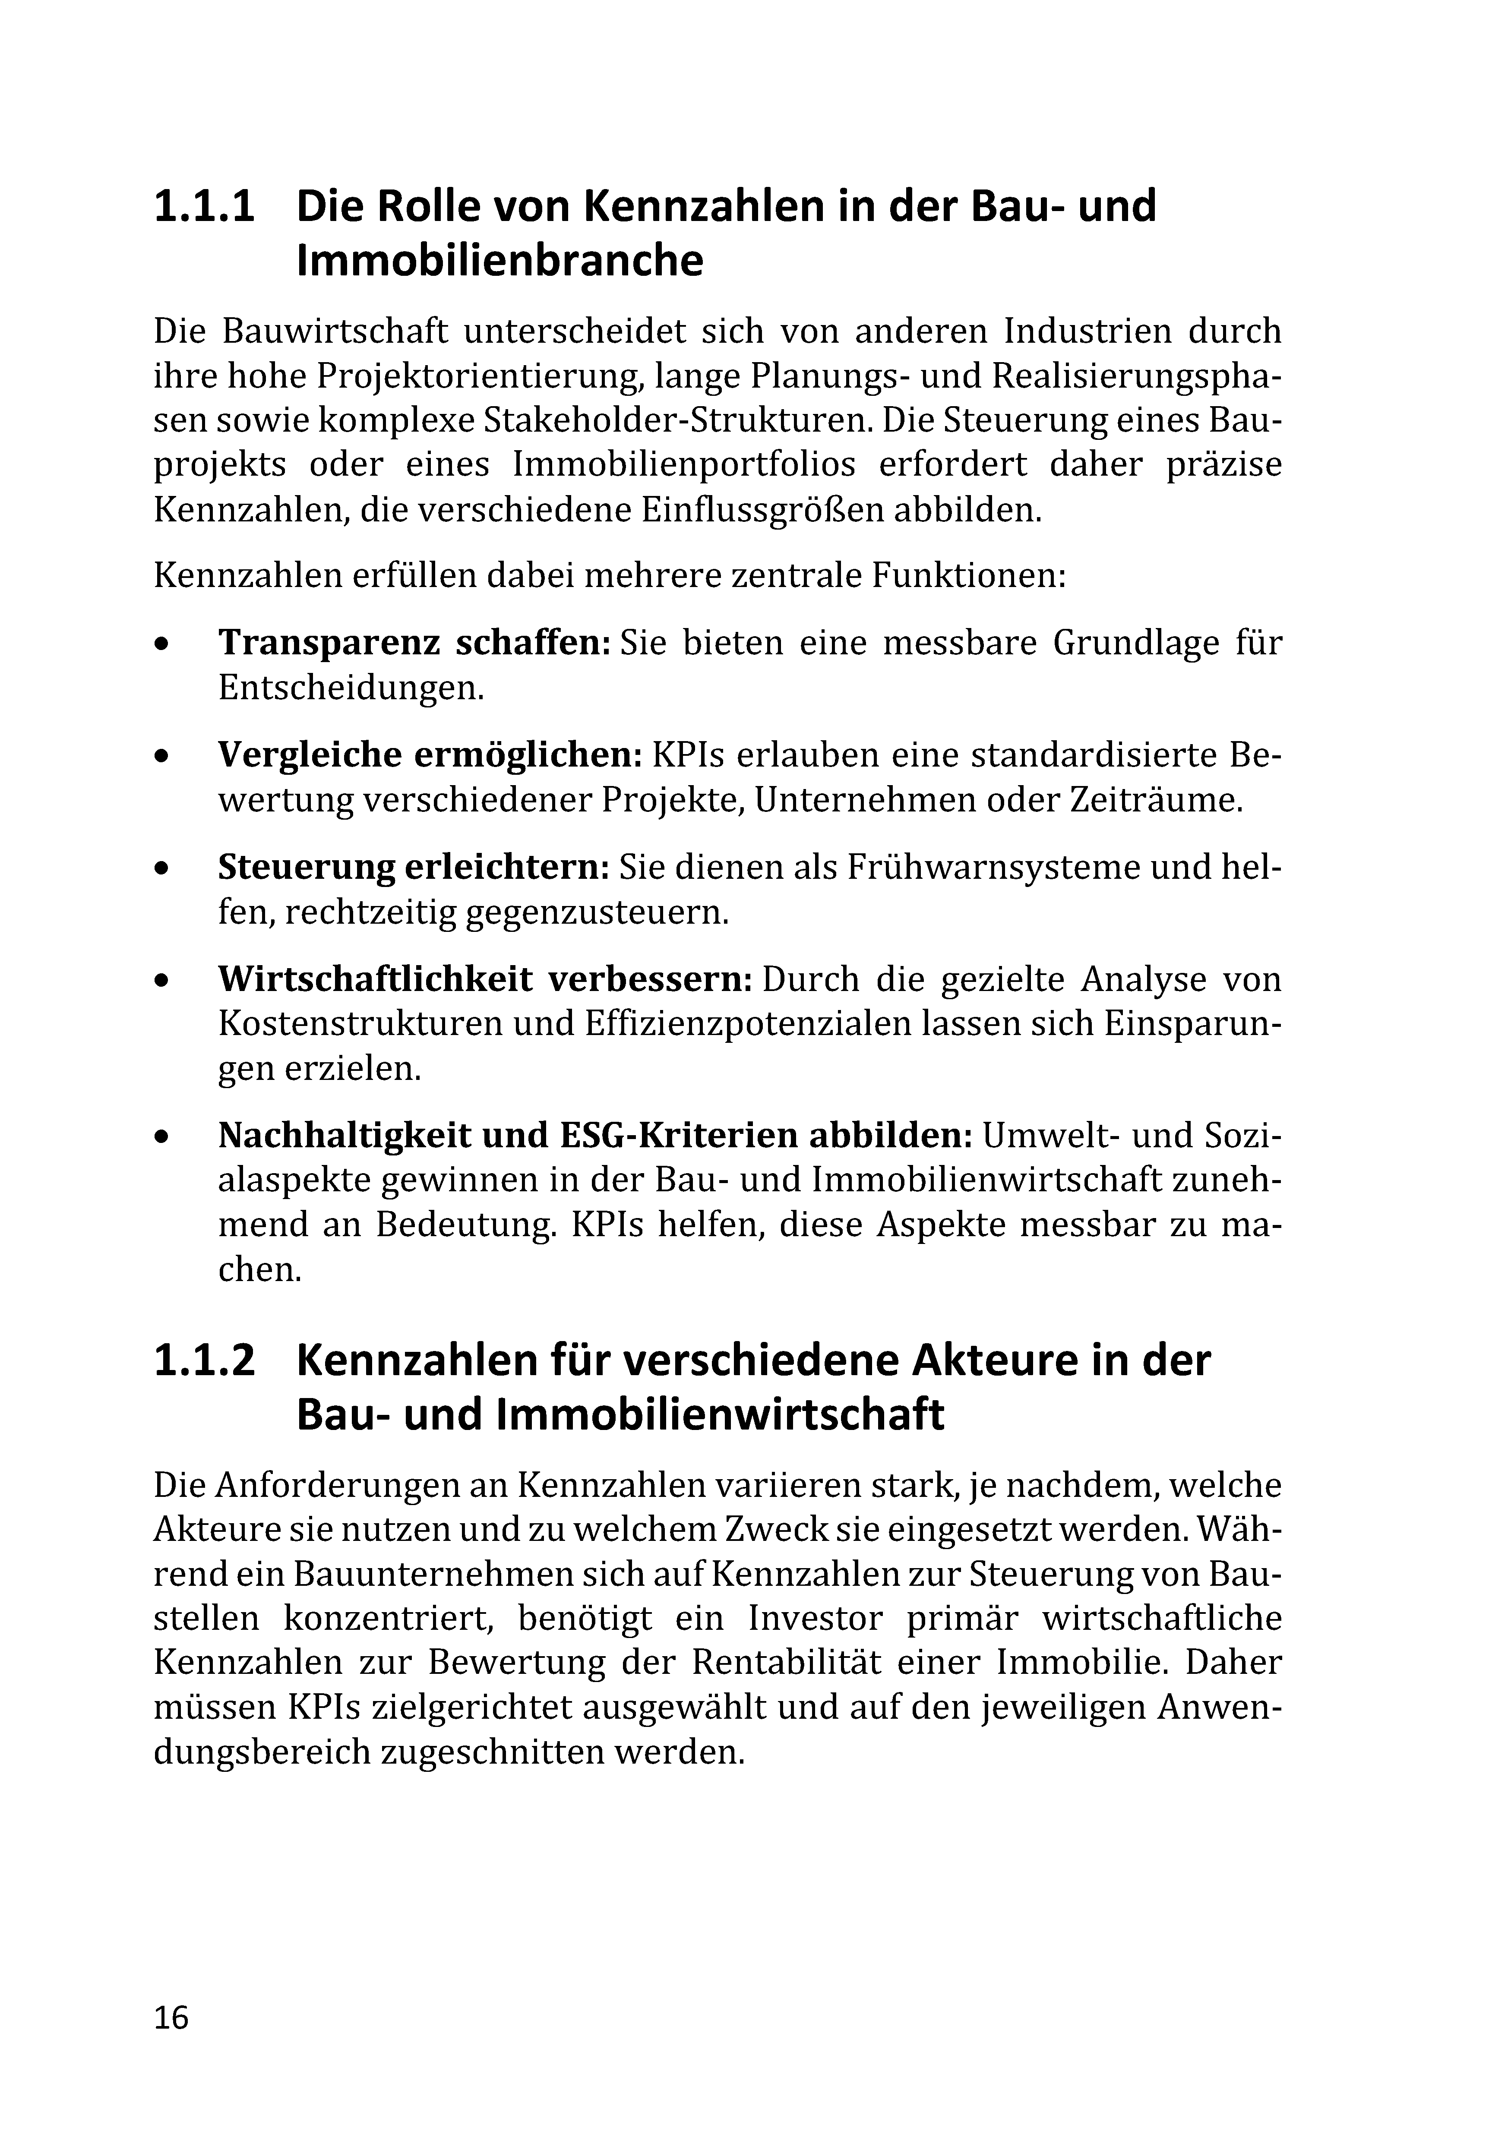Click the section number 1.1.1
pyautogui.click(x=203, y=207)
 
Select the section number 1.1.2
pyautogui.click(x=203, y=1360)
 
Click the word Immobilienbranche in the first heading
pyautogui.click(x=499, y=262)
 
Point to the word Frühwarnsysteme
pyautogui.click(x=993, y=868)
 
